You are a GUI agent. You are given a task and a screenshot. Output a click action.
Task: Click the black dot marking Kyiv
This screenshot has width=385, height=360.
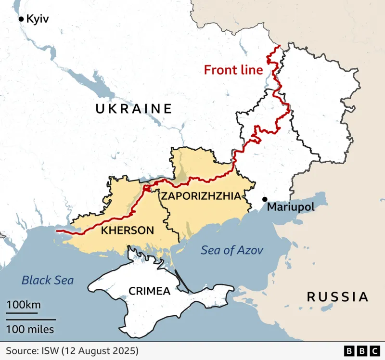(x=21, y=19)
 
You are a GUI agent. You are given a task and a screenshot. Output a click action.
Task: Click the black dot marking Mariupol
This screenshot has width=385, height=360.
(x=265, y=199)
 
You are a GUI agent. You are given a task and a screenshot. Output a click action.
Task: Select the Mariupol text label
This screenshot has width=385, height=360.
(x=290, y=207)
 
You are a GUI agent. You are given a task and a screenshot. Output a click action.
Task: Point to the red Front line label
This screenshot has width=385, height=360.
(x=233, y=70)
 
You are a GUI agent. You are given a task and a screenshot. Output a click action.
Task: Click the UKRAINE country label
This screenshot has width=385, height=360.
(x=133, y=109)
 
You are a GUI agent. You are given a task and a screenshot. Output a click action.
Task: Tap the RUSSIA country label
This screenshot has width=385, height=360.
(x=337, y=296)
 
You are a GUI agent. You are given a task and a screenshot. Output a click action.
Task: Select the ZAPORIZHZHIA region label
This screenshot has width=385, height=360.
(x=200, y=196)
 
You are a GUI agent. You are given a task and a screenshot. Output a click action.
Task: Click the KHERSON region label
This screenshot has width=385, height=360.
(x=128, y=231)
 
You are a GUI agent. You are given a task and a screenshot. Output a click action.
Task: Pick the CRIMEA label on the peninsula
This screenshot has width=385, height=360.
(x=149, y=291)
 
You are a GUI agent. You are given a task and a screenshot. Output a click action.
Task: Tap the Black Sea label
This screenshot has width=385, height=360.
(x=48, y=280)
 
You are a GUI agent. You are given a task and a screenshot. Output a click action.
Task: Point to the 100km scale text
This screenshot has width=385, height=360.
(x=23, y=305)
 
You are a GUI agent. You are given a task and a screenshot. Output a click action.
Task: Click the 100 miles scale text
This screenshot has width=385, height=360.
(x=30, y=330)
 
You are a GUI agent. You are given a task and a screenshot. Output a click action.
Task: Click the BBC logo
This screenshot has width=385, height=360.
(x=360, y=350)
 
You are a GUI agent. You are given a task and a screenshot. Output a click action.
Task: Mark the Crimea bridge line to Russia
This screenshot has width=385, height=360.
(x=182, y=282)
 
